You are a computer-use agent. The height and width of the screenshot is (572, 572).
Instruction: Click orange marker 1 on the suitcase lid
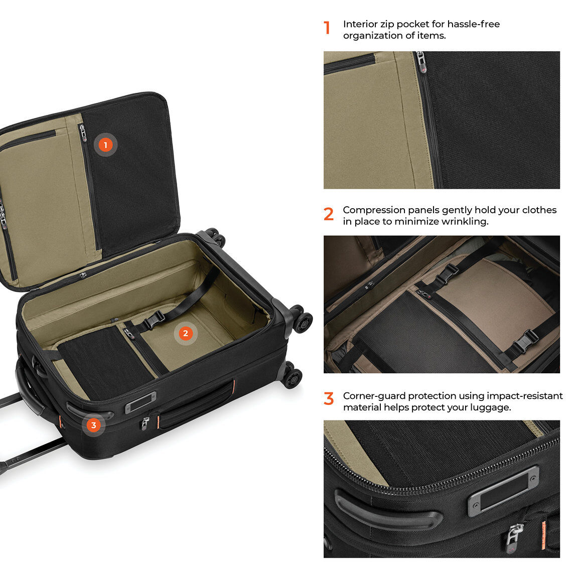pyautogui.click(x=105, y=145)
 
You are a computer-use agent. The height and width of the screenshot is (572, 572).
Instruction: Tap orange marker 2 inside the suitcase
pyautogui.click(x=186, y=333)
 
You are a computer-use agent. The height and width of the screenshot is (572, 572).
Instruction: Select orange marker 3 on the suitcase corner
pyautogui.click(x=94, y=425)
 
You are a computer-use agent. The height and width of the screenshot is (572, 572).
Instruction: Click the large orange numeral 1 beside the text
pyautogui.click(x=327, y=28)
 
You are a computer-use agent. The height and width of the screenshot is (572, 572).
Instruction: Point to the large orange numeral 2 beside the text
pyautogui.click(x=329, y=214)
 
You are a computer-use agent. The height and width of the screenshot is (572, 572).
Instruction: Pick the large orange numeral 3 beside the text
pyautogui.click(x=329, y=399)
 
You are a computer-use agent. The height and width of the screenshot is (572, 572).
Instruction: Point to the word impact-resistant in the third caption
pyautogui.click(x=524, y=396)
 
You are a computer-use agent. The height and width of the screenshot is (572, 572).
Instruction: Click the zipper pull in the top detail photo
pyautogui.click(x=421, y=62)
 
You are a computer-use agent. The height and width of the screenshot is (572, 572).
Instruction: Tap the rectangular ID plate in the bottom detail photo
pyautogui.click(x=504, y=491)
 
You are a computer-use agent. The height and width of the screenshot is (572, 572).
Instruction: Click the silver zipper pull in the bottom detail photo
pyautogui.click(x=514, y=534)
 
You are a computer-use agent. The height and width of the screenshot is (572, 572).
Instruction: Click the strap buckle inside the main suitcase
pyautogui.click(x=154, y=321)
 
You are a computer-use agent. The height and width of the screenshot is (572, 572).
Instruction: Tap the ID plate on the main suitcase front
pyautogui.click(x=140, y=402)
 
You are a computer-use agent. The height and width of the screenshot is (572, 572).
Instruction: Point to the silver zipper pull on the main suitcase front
pyautogui.click(x=146, y=422)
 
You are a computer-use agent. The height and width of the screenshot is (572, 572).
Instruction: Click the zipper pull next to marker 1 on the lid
pyautogui.click(x=83, y=132)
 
